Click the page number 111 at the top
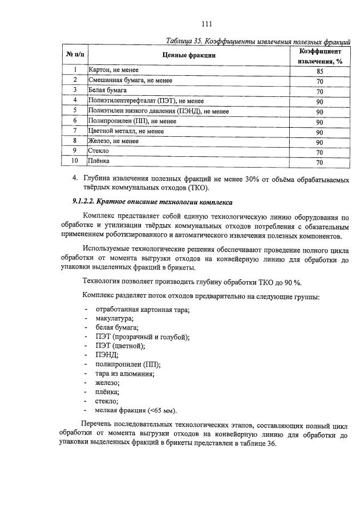[x=207, y=23]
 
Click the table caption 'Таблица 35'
[x=185, y=41]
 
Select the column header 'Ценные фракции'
[x=189, y=55]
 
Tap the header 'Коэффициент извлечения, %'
[x=319, y=55]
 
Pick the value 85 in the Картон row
[x=319, y=71]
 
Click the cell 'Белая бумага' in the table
[x=107, y=90]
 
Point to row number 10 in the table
[x=74, y=162]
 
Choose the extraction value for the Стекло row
[x=319, y=152]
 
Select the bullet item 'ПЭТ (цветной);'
[x=121, y=346]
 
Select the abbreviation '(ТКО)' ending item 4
[x=198, y=188]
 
